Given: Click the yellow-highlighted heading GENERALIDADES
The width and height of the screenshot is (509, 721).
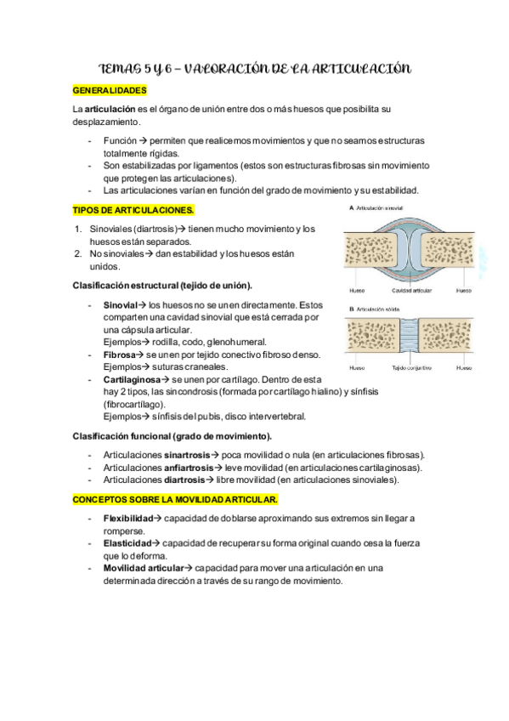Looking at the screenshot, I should pos(110,89).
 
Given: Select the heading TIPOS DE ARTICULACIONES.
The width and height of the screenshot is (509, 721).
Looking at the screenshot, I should pos(133,209).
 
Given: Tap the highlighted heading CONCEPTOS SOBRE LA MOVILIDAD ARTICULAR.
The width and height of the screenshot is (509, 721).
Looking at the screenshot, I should pos(175,499).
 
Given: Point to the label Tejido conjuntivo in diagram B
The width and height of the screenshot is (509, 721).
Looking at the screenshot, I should pos(411,367).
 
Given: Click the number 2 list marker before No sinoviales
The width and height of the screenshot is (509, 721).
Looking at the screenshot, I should pos(77,253).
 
